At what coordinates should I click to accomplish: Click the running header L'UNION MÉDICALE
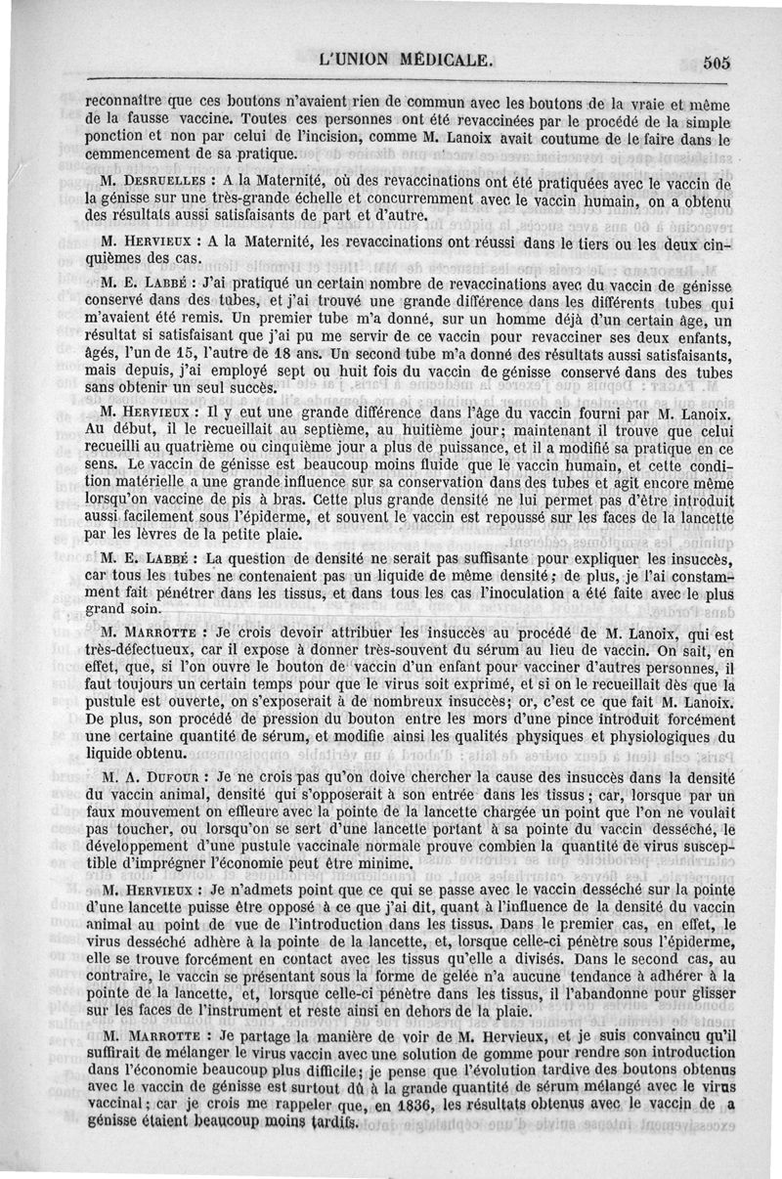click(407, 59)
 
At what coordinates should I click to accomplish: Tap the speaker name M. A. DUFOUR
click(155, 778)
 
